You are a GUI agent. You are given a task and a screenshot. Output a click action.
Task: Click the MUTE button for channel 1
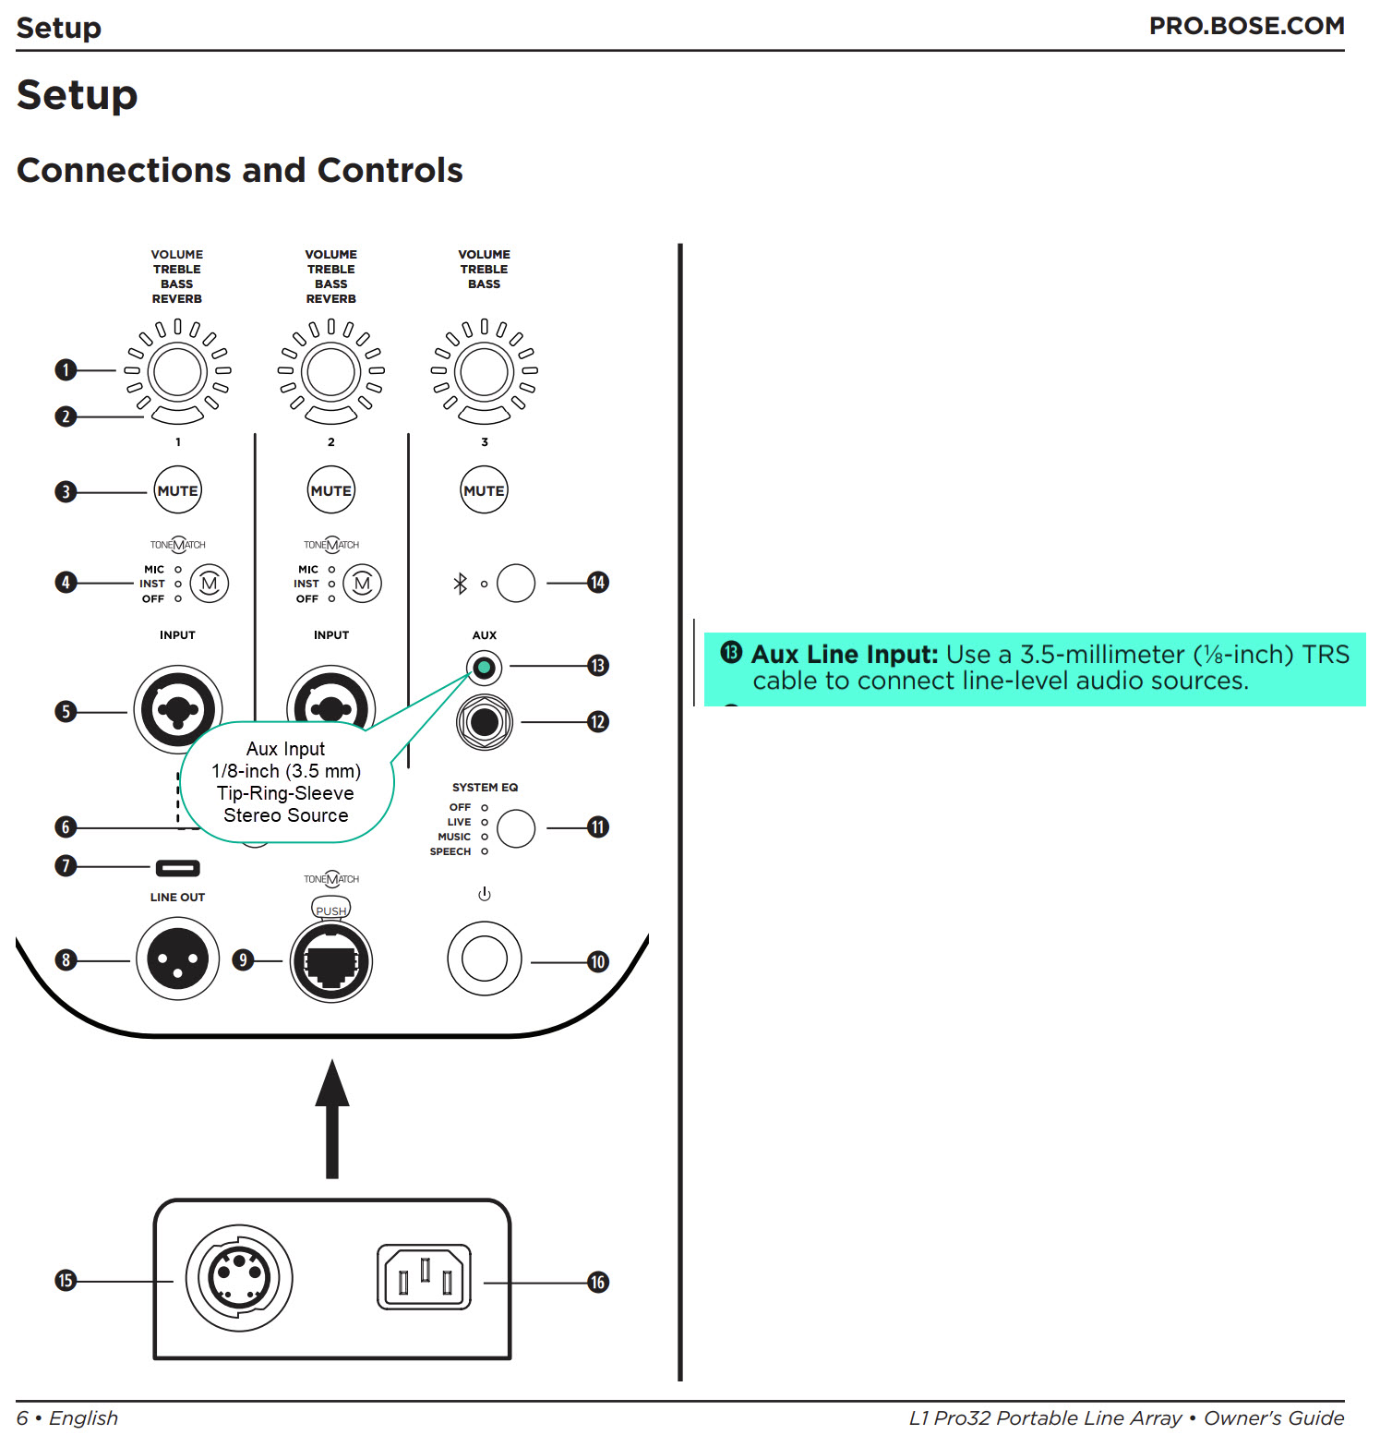click(x=177, y=490)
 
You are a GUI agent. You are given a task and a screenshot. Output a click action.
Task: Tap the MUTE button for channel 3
click(x=484, y=490)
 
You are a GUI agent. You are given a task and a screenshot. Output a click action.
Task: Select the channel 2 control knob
click(x=330, y=372)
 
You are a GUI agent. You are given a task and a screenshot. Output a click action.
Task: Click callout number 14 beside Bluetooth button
click(x=598, y=583)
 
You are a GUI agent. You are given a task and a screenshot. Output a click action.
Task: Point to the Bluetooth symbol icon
click(x=460, y=583)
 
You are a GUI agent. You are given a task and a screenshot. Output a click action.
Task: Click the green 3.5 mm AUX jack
click(x=484, y=666)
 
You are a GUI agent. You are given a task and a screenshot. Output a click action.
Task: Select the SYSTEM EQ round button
click(x=516, y=828)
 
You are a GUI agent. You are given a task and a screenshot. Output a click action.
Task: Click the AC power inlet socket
click(x=424, y=1278)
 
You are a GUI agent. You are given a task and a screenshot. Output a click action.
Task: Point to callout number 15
click(x=66, y=1281)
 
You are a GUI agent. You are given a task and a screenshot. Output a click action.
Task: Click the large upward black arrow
click(x=332, y=1117)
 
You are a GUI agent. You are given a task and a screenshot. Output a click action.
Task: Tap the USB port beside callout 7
click(x=177, y=868)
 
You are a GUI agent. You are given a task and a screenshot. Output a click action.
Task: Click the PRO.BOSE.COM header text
click(x=1245, y=26)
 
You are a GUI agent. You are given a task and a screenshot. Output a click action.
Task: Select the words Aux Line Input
click(x=844, y=655)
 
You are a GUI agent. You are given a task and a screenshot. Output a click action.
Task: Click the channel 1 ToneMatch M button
click(x=210, y=584)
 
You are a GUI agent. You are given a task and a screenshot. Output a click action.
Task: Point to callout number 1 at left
click(x=66, y=370)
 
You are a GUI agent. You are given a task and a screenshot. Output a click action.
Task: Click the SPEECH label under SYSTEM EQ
click(x=450, y=851)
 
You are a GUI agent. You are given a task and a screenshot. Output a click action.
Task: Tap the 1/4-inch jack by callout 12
click(x=484, y=722)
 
